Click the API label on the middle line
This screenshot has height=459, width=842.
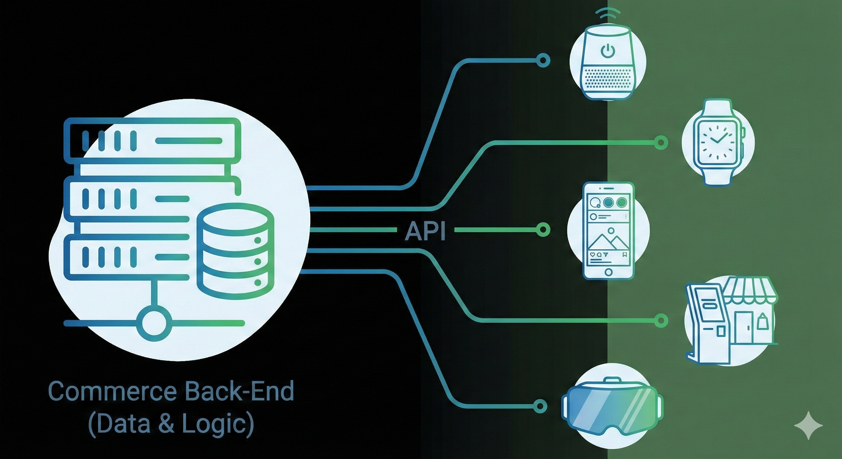(x=425, y=231)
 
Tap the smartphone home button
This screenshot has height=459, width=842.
(x=608, y=272)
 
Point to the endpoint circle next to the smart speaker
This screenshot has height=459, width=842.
(x=543, y=60)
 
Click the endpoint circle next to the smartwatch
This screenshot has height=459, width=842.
(x=661, y=143)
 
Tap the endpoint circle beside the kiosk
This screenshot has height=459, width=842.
(x=661, y=320)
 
